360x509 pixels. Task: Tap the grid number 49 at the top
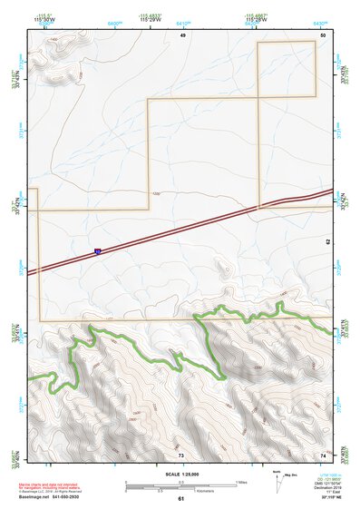tap(182, 34)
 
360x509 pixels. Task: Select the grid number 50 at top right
tap(323, 34)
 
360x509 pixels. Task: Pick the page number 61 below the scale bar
tap(181, 498)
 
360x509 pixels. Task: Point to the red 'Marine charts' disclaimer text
tap(56, 475)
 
